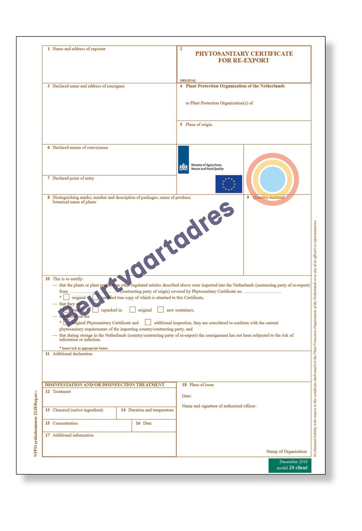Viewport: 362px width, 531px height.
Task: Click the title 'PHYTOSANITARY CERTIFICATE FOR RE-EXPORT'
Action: [x=244, y=57]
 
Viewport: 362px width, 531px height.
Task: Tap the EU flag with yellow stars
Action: [x=228, y=184]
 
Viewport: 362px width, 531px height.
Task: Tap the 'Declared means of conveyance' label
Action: [x=80, y=147]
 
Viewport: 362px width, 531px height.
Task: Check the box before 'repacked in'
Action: [x=95, y=310]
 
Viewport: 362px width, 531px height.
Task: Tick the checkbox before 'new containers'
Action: [x=161, y=310]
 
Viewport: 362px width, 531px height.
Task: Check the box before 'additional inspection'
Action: [x=148, y=323]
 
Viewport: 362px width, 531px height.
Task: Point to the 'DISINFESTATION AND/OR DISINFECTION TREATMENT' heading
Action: [x=105, y=385]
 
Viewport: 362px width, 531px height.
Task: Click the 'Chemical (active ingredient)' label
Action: [x=78, y=410]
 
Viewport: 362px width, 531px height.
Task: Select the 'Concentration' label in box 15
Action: [x=65, y=423]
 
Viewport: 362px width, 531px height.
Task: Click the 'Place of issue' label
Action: [x=201, y=385]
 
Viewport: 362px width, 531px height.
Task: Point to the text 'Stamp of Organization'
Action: [x=286, y=451]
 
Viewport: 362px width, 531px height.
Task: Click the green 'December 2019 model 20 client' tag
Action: [x=289, y=465]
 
